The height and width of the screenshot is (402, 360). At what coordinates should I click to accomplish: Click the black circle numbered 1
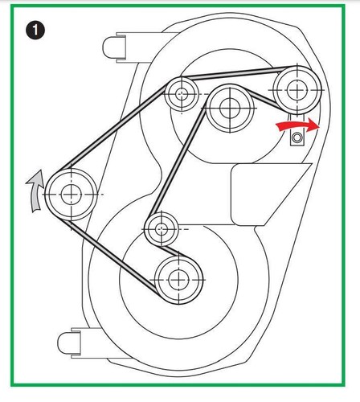click(35, 31)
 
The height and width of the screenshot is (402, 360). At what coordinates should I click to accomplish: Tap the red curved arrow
click(297, 125)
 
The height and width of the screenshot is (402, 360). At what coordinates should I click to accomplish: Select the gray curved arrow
click(36, 191)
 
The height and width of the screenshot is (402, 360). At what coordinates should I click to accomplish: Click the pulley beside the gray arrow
click(72, 195)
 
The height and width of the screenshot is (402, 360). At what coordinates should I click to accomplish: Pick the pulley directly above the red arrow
click(297, 90)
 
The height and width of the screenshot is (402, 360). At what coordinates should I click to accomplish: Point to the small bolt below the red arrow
click(297, 137)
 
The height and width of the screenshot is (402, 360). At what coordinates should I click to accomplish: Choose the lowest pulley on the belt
click(178, 280)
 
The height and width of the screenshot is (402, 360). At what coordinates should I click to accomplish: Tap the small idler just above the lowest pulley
click(162, 229)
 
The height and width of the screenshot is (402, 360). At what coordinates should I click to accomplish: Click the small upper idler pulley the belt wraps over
click(182, 94)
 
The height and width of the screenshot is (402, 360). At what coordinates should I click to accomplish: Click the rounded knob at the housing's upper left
click(114, 47)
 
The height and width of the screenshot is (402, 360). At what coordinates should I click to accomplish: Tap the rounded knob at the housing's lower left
click(69, 343)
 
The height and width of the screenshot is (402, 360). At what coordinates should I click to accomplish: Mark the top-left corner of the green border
click(10, 5)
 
